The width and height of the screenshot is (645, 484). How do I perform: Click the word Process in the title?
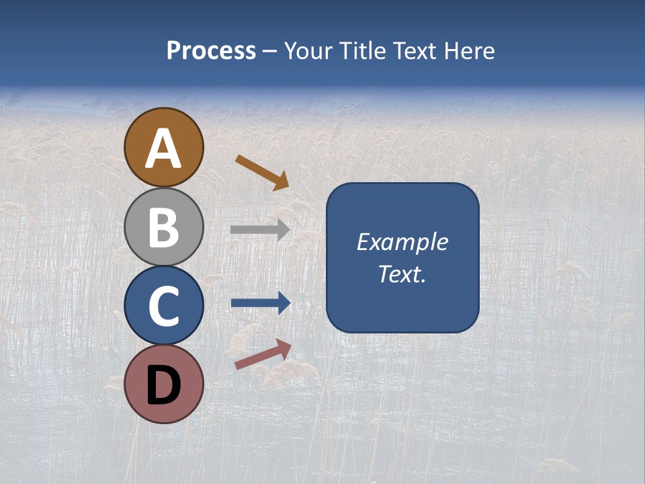(x=211, y=51)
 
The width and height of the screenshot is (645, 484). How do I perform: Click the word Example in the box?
(x=402, y=242)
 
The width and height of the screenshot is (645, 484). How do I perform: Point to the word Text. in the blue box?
(x=402, y=274)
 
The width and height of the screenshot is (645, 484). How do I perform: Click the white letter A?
(x=164, y=149)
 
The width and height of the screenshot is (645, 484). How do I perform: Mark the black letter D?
(x=164, y=385)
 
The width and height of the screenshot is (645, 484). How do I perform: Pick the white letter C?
(x=164, y=306)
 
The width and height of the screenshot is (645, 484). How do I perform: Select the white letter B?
(x=164, y=227)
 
